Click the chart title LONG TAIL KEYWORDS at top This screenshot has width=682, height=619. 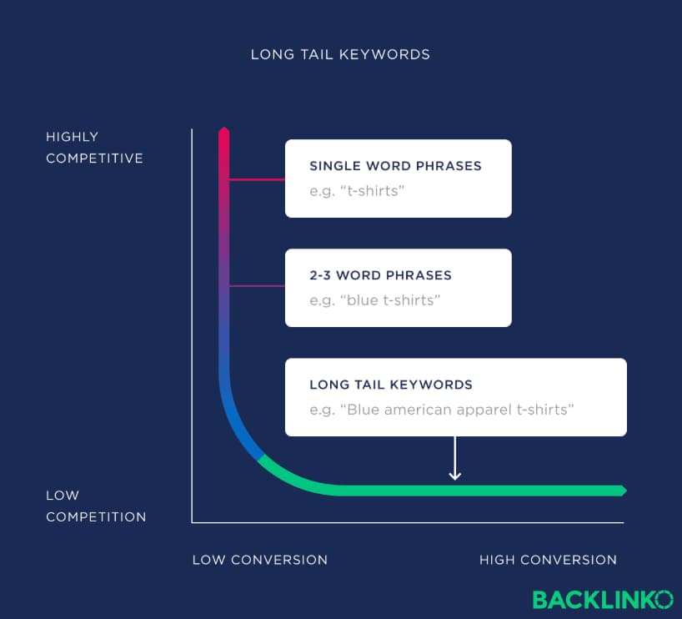340,55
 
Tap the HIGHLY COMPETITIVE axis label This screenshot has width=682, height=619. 94,148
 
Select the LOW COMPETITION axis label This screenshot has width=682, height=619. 95,506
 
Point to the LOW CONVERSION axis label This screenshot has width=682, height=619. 260,560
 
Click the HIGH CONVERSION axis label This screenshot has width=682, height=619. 548,560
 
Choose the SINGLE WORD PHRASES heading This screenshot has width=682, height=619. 395,166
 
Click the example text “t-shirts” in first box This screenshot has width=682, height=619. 357,190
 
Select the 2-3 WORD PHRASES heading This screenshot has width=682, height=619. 380,275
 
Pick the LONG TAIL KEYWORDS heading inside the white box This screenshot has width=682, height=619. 391,385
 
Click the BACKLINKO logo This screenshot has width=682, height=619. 602,599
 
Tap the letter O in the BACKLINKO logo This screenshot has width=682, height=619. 664,599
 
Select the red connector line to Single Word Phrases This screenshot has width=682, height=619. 257,179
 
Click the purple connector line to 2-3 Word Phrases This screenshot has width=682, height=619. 257,286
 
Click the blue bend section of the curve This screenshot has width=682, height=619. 238,425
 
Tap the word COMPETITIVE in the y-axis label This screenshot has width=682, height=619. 94,159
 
